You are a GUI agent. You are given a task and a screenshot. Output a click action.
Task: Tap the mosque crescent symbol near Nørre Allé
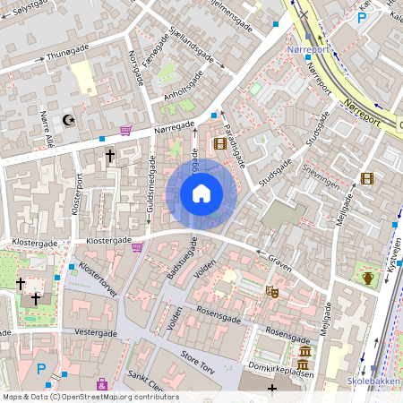tap(67, 118)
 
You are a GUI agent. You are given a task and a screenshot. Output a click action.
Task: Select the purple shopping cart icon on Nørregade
tap(125, 130)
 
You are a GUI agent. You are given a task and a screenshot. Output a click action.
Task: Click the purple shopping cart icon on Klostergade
tap(137, 246)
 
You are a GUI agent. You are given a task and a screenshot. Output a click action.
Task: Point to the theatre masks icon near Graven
tap(272, 291)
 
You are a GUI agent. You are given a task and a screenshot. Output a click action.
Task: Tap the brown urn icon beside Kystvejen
tap(368, 277)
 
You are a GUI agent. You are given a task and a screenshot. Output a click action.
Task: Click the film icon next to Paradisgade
tap(219, 143)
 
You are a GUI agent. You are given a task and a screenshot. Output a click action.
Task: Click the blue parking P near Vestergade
tap(40, 368)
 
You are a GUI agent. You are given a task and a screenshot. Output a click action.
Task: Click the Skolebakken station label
tap(373, 382)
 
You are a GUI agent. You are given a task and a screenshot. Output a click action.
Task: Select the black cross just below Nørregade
tap(111, 157)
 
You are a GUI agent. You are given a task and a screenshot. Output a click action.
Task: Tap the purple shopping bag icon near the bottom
tap(102, 384)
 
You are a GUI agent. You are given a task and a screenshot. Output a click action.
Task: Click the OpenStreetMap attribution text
tap(90, 397)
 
